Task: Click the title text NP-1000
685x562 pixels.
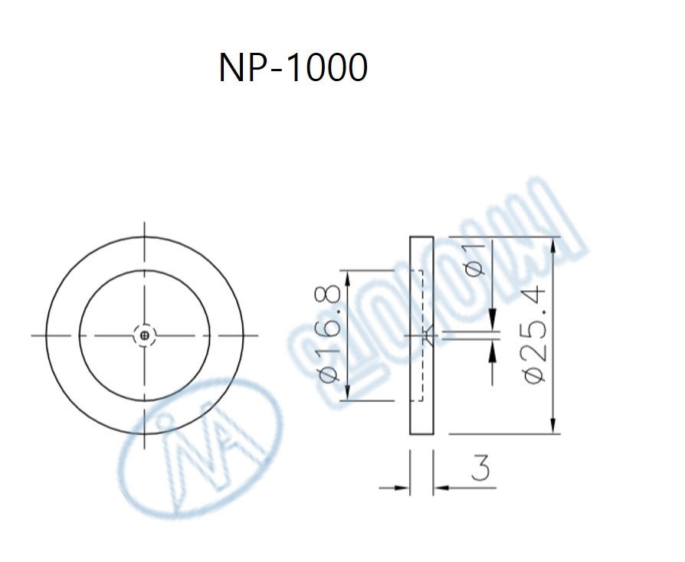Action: click(x=293, y=68)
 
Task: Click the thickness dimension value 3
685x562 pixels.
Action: click(x=480, y=468)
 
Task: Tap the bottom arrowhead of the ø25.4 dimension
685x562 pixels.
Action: click(x=552, y=426)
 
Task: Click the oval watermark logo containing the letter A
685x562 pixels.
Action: click(x=195, y=448)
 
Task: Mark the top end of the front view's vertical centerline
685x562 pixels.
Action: click(x=145, y=223)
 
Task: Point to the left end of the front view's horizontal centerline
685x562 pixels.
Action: click(x=32, y=335)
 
